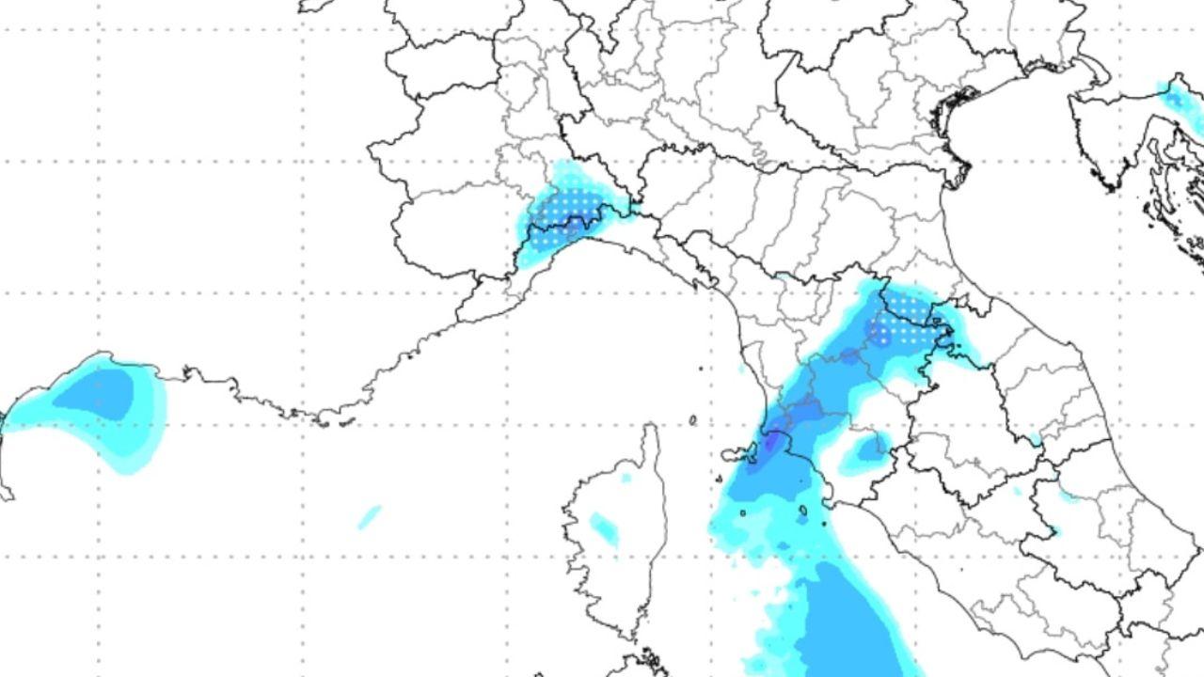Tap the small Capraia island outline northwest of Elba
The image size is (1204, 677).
[693, 420]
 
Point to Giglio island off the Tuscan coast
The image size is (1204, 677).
[802, 513]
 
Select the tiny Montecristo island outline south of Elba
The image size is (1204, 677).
[742, 513]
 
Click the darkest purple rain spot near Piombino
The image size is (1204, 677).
[773, 440]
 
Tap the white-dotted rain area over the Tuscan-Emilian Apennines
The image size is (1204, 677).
[898, 320]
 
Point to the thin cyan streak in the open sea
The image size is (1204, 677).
[370, 516]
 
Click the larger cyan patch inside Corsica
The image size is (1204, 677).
[604, 529]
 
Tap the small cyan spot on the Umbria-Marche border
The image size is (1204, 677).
[1035, 440]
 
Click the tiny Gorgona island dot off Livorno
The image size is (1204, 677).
[701, 368]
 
